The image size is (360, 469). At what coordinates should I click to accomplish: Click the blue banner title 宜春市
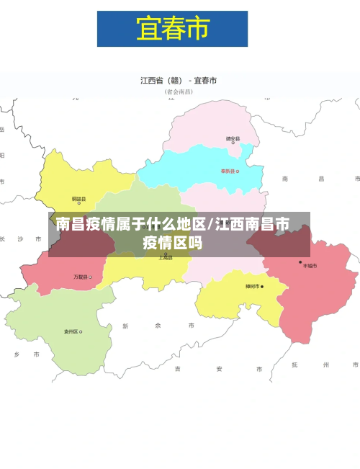tap(172, 29)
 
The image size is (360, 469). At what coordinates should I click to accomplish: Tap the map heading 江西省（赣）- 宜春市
tap(179, 81)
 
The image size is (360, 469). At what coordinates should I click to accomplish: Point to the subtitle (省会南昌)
tap(179, 92)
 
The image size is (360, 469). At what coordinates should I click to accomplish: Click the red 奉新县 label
tap(228, 171)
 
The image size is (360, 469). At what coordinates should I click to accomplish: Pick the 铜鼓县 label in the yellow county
tap(78, 199)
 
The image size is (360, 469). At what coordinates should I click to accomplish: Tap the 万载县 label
tap(81, 277)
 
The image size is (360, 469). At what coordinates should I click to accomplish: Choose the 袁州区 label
tap(71, 332)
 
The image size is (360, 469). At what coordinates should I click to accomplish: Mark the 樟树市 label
tap(252, 287)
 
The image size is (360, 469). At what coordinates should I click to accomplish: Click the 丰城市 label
tap(310, 266)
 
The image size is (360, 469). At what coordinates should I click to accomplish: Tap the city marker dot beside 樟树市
tap(262, 287)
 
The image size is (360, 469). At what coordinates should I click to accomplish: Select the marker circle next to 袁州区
tap(81, 332)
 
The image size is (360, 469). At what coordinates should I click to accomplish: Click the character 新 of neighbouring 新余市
tap(126, 326)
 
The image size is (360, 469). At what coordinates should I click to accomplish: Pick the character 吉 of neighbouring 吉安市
tap(177, 369)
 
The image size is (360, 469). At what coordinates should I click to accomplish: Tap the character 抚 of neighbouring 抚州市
tap(294, 365)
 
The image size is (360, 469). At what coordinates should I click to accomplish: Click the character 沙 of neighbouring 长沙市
tap(20, 238)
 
